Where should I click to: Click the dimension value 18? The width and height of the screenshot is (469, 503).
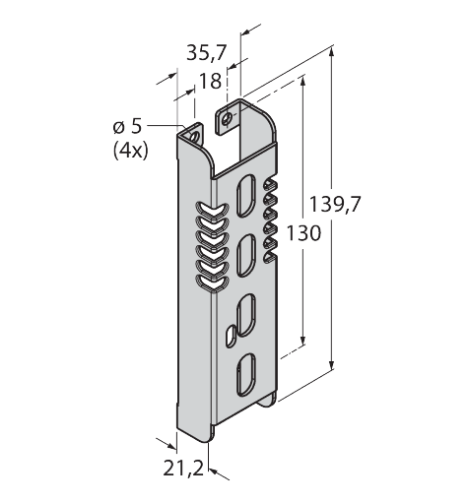pos(210,83)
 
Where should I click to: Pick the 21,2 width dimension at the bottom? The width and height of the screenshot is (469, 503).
pos(184,470)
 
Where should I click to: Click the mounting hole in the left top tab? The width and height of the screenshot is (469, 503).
pos(195,129)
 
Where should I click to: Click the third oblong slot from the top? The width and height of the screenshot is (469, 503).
pos(247,312)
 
